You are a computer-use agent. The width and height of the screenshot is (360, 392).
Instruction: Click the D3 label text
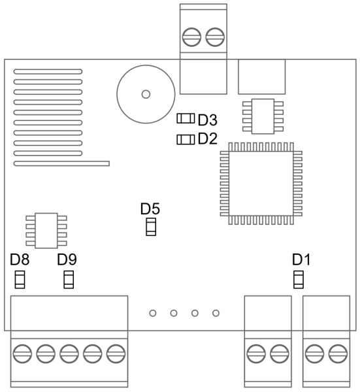click(x=208, y=120)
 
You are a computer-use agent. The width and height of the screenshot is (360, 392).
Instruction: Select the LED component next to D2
click(x=186, y=140)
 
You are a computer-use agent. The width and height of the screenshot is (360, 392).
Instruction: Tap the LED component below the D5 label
click(x=151, y=227)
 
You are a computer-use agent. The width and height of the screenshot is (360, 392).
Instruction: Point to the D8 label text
click(x=20, y=259)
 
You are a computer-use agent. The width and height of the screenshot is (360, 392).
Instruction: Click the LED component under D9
click(x=69, y=280)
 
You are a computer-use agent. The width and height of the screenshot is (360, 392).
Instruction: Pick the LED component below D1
click(x=299, y=280)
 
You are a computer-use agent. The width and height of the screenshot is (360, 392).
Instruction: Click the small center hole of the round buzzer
click(x=146, y=94)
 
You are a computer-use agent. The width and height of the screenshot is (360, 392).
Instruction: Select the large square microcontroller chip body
click(x=261, y=184)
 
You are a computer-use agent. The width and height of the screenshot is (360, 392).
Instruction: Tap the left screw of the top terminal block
click(x=191, y=37)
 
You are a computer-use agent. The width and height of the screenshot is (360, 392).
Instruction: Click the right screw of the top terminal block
click(x=215, y=37)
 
